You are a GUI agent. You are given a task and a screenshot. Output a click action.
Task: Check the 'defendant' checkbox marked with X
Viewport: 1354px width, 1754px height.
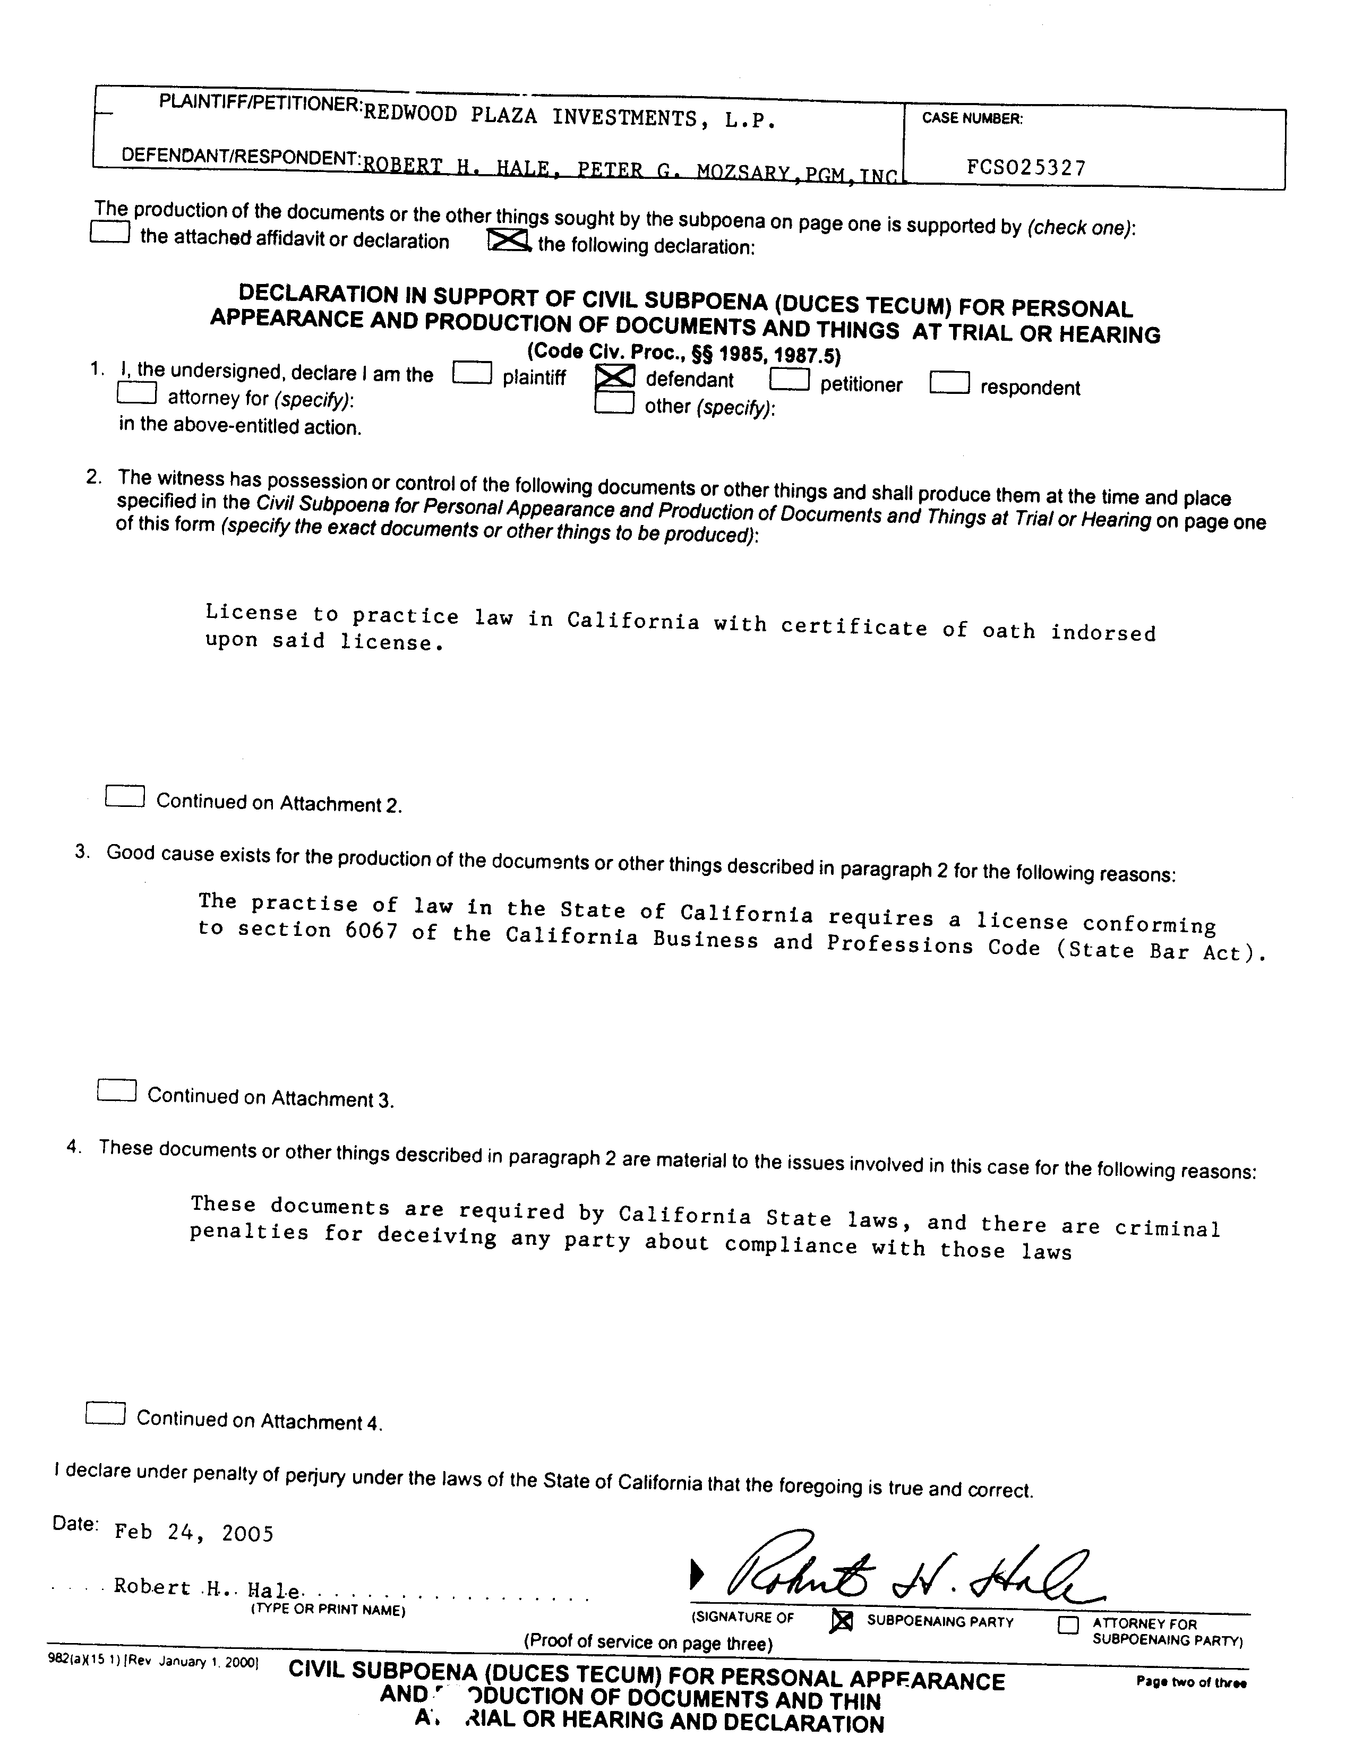point(614,377)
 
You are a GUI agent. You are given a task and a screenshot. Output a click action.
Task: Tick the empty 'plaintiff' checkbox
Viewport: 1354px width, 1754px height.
point(472,373)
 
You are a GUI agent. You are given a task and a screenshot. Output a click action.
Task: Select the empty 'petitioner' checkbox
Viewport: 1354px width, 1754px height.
point(789,379)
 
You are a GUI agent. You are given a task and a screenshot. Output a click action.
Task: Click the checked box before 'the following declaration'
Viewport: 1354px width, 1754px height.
point(508,239)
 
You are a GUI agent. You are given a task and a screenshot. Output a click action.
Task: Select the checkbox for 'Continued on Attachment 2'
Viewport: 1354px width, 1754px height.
point(125,796)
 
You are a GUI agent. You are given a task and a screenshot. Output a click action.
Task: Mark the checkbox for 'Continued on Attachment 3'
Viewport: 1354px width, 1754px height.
point(116,1090)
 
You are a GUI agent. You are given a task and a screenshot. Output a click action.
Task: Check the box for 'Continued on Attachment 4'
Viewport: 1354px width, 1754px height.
point(105,1413)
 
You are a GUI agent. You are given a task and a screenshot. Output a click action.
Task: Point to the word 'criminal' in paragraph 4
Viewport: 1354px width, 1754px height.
point(1167,1228)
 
